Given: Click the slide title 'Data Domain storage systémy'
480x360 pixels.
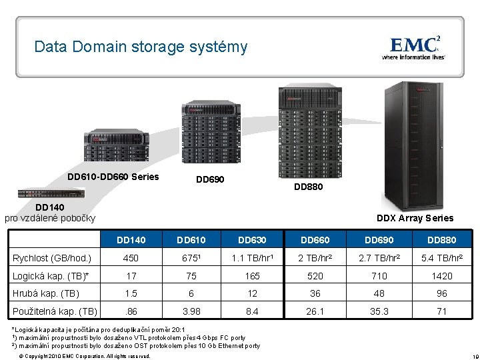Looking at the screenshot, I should coord(141,47).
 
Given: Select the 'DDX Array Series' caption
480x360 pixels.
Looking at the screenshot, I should coord(415,218).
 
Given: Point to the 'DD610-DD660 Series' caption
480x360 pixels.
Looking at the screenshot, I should coord(113,177).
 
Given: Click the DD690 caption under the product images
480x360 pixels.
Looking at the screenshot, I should coord(209,180).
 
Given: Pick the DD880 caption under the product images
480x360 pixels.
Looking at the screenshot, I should coord(309,187).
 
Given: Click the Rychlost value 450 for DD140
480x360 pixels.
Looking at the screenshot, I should coord(131,258).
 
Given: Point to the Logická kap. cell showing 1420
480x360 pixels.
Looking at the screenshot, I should coord(441,276).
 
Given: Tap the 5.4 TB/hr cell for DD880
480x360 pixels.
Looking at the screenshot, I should coord(441,258).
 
